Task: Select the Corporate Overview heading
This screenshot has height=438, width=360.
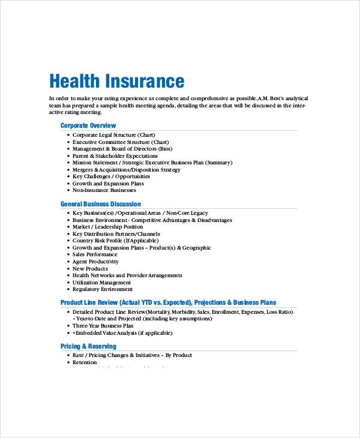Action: [x=88, y=125]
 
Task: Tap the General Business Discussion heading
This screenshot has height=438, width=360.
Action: [x=101, y=204]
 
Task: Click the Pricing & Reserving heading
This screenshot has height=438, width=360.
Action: [x=88, y=346]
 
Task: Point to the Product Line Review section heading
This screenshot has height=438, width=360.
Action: [x=168, y=302]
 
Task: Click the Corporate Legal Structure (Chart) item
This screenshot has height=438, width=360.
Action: [x=113, y=135]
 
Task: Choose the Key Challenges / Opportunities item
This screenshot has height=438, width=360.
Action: [x=111, y=176]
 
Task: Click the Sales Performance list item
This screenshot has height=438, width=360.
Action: [x=95, y=254]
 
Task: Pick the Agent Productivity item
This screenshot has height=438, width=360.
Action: [x=95, y=262]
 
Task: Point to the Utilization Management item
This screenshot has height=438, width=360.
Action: [x=101, y=282]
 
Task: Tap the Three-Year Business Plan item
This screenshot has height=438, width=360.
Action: [x=103, y=325]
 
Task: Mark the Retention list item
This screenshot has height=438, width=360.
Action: [x=85, y=362]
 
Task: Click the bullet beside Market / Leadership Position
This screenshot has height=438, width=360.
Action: [x=68, y=227]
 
